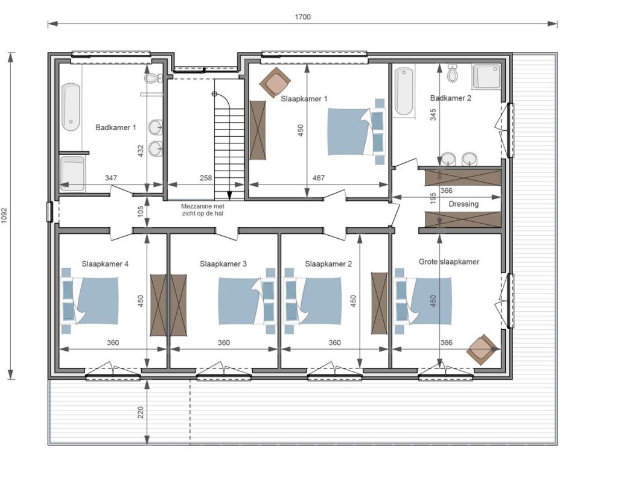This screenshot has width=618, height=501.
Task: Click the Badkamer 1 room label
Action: pos(115,128)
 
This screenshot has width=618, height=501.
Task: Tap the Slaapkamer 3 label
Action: pos(223,264)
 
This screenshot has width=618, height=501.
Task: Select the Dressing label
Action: pos(463,204)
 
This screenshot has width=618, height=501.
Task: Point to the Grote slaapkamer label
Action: pos(449,262)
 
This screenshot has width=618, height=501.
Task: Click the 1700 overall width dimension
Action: pos(303,17)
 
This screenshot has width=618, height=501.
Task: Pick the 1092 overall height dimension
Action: pos(5,216)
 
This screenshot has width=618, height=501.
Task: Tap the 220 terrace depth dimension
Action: pos(141,412)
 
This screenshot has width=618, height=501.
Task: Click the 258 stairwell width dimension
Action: pos(206,178)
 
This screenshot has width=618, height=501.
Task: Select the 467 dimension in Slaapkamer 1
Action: pos(319,178)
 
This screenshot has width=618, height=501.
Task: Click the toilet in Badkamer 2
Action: pos(453,74)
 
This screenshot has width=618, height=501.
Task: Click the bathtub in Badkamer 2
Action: pos(404,92)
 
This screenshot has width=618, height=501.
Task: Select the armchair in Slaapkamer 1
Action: pos(275,81)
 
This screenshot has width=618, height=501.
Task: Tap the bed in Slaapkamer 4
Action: pos(91,300)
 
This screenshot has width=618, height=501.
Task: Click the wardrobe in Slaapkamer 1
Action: pos(258,130)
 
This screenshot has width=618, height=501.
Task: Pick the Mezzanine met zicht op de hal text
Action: pos(203,210)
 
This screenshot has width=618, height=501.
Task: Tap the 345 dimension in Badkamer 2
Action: pos(433,115)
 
